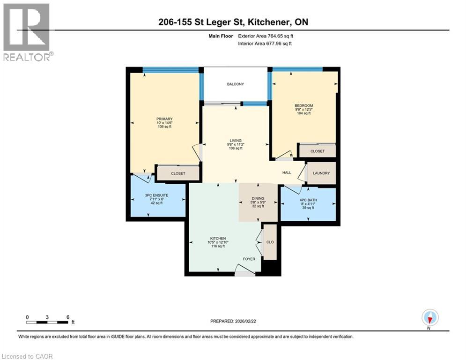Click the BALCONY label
[235, 84]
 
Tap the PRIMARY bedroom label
[164, 119]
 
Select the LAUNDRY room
[321, 173]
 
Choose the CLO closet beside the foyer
[270, 242]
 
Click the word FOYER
[248, 259]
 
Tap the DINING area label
[258, 198]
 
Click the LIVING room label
[235, 140]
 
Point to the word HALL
[287, 173]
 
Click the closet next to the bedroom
[318, 151]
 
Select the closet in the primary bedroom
[178, 173]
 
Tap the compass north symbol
[429, 318]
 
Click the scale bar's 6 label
[68, 317]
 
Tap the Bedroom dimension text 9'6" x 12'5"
[303, 110]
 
